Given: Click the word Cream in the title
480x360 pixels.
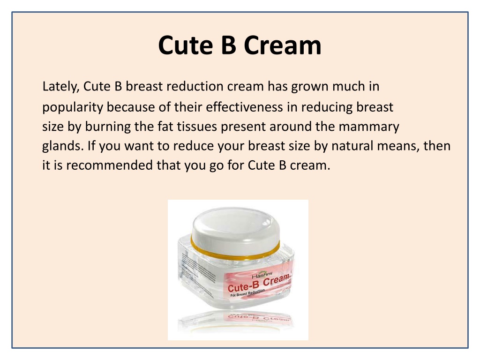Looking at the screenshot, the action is point(283,45).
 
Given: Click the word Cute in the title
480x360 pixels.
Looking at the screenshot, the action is point(185,45).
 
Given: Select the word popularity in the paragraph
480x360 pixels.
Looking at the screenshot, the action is point(73,108).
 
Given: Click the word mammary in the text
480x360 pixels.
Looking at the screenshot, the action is point(369,127).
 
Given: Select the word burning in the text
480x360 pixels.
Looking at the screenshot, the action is point(108,127).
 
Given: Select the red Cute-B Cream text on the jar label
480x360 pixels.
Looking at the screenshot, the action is point(258,284).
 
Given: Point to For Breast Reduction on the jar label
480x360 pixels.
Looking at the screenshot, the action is point(247,293).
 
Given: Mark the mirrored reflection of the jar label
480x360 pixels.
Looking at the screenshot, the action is point(259,317).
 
